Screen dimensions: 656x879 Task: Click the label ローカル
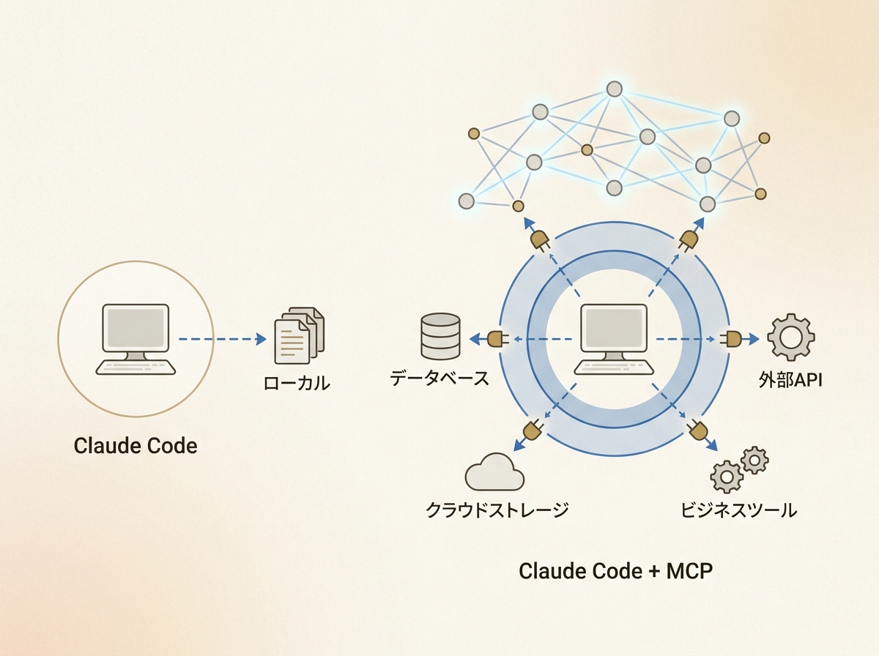(297, 383)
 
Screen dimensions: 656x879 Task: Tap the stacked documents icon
(298, 336)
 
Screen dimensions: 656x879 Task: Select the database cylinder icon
(440, 336)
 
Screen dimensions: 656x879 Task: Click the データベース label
(439, 379)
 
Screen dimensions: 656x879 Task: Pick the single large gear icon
(790, 338)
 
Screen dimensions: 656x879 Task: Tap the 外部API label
(790, 380)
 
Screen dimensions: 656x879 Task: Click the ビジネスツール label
(738, 510)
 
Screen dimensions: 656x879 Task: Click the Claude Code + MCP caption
(615, 571)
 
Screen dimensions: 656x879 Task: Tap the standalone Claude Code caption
(136, 445)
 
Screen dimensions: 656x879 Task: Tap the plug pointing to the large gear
(732, 339)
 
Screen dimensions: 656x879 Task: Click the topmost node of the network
(614, 89)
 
